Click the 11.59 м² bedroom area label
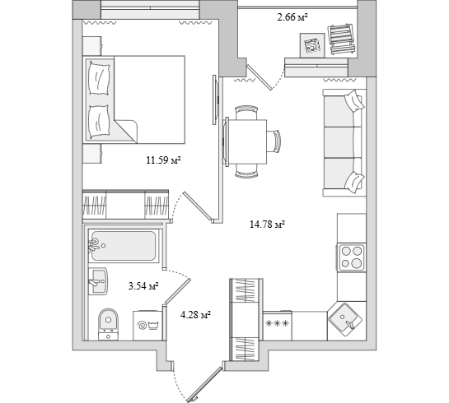(163, 160)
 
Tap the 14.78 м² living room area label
(267, 225)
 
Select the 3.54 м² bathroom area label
(143, 286)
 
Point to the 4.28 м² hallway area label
(195, 315)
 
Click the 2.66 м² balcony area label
(292, 17)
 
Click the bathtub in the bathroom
(124, 246)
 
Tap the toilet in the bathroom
(108, 324)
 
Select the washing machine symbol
(147, 325)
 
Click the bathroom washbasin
(98, 281)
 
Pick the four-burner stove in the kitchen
(352, 257)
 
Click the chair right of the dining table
(274, 141)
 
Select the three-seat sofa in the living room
(344, 142)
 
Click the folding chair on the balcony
(342, 39)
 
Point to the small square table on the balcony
(312, 45)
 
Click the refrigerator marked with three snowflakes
(277, 326)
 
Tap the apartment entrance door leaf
(205, 383)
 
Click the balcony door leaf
(260, 76)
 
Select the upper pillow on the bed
(99, 78)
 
